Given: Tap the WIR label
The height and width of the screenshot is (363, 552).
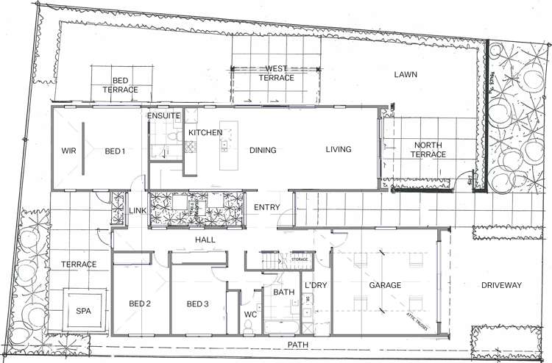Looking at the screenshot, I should (x=68, y=151).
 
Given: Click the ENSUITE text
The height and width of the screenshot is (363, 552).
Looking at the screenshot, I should (x=163, y=116).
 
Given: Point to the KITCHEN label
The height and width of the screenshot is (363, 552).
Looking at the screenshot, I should (x=205, y=132).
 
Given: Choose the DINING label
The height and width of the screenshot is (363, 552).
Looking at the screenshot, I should (x=263, y=151).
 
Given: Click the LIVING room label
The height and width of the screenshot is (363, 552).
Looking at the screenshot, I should (x=339, y=150).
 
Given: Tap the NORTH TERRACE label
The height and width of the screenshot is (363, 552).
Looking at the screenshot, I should (x=429, y=149).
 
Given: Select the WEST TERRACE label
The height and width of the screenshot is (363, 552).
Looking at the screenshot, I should (x=276, y=73).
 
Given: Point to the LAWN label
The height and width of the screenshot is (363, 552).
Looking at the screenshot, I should (x=406, y=75).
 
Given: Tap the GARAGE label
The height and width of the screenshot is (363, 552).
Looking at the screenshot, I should (x=385, y=285).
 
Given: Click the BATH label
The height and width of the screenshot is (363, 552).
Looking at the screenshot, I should (x=284, y=292).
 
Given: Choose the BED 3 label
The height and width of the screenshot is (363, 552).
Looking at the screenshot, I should (x=198, y=304).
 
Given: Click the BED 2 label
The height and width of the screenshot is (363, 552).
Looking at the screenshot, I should (x=140, y=304).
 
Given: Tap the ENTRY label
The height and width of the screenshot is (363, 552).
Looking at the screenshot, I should (x=266, y=208).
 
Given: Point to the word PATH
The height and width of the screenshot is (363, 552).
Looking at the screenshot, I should (x=299, y=344).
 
